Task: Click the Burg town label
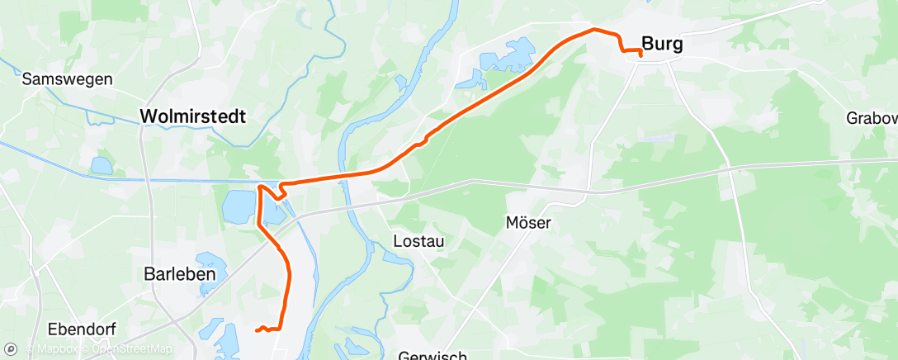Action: [662, 45]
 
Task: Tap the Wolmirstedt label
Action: [193, 116]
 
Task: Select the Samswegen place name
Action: [55, 79]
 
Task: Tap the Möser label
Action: [528, 222]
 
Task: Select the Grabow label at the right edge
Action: [871, 118]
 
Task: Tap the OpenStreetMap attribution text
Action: [132, 350]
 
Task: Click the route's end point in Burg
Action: [640, 54]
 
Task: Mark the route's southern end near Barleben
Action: [257, 330]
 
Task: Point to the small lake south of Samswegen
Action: [101, 165]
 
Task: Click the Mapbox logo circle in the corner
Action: [12, 349]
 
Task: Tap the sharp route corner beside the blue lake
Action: [261, 187]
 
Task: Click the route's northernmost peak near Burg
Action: [593, 30]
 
